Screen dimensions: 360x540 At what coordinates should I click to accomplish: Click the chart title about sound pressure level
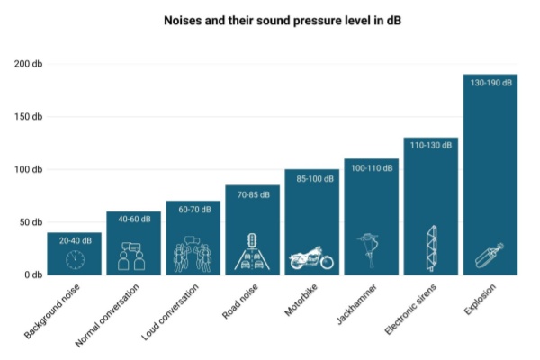(x=270, y=19)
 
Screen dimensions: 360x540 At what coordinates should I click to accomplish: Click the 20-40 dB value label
(x=74, y=241)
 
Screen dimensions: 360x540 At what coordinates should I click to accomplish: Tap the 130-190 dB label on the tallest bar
(x=490, y=83)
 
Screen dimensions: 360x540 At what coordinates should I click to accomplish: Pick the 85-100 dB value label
(x=311, y=178)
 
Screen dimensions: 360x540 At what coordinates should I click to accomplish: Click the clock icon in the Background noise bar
(x=74, y=260)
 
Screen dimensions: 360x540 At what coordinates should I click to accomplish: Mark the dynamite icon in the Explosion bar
(x=490, y=256)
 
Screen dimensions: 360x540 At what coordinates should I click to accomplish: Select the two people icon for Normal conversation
(x=133, y=256)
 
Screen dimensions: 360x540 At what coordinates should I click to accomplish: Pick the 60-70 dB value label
(x=193, y=210)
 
